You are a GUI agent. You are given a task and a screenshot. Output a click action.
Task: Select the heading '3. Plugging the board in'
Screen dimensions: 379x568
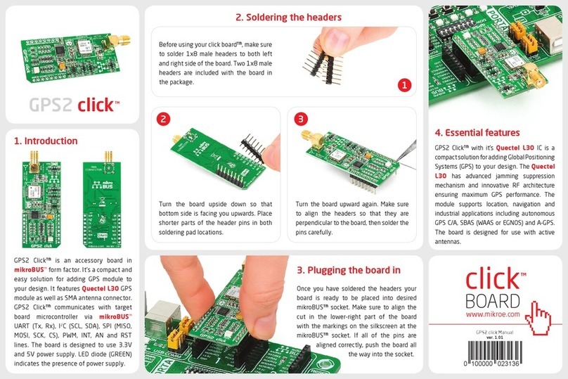(349, 269)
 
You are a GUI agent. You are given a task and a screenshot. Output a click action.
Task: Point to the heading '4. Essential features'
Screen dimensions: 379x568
(477, 132)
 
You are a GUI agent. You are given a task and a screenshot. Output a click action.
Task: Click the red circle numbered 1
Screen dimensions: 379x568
(404, 85)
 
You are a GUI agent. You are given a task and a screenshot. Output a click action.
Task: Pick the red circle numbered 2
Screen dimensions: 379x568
(163, 119)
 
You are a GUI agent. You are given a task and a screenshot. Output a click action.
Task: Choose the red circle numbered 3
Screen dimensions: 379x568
(302, 119)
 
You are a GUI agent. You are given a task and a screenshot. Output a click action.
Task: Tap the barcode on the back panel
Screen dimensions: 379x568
(497, 351)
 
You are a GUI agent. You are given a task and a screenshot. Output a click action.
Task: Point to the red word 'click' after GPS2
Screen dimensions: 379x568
(94, 106)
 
